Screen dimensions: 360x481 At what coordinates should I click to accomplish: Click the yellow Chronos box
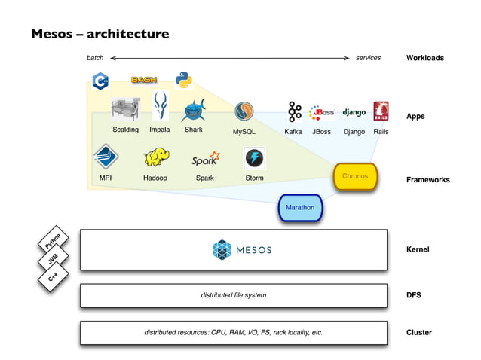click(354, 176)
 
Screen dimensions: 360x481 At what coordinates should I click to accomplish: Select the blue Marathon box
click(300, 207)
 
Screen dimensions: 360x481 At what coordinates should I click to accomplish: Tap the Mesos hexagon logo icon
click(222, 250)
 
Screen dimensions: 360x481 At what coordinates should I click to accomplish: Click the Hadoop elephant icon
click(156, 157)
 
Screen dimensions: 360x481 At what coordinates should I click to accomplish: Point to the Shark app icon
click(194, 111)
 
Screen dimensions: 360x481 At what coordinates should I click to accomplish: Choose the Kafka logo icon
click(294, 112)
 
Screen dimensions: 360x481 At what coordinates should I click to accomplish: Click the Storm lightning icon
click(254, 158)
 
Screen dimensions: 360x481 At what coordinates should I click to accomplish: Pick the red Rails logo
click(381, 111)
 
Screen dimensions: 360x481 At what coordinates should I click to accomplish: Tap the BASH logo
click(143, 80)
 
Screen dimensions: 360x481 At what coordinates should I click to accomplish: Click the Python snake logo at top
click(183, 80)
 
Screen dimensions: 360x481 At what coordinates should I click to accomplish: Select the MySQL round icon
click(244, 111)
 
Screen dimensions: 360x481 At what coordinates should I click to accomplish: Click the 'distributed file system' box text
click(233, 295)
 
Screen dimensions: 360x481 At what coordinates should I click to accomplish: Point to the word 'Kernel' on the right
click(418, 249)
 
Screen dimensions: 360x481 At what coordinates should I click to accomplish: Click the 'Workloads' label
click(424, 58)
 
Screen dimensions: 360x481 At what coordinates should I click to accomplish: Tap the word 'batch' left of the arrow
click(95, 58)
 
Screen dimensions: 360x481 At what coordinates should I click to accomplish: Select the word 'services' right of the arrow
click(368, 58)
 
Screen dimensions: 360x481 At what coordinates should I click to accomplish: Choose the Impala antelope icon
click(160, 106)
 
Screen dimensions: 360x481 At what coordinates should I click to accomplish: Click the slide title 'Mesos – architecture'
click(100, 34)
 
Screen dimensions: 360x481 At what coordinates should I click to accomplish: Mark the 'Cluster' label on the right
click(419, 332)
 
